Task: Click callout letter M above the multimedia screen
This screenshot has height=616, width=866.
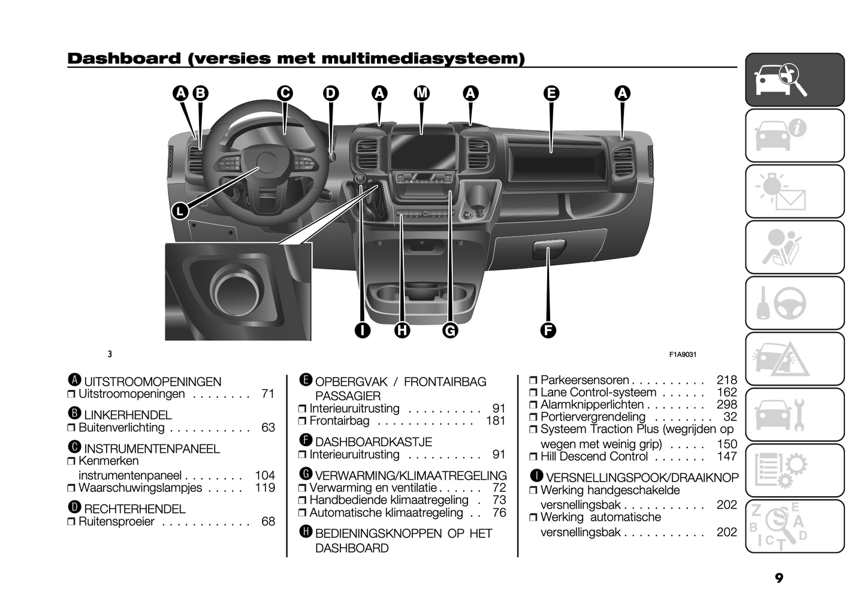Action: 422,93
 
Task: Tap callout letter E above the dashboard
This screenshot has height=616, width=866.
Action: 551,93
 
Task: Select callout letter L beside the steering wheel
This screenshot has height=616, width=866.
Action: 180,211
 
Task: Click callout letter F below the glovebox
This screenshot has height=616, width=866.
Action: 548,330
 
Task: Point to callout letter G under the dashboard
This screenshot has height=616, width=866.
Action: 449,330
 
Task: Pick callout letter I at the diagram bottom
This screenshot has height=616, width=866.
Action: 362,330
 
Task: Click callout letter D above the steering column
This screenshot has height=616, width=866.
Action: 331,93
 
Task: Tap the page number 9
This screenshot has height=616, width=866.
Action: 779,578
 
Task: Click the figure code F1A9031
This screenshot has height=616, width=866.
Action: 683,354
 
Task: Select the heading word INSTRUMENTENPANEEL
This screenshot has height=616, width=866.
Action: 152,449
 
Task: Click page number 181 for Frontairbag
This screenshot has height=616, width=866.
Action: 496,421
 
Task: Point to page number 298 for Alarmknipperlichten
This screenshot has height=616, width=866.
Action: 726,405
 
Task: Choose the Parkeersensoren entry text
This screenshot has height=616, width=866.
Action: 584,380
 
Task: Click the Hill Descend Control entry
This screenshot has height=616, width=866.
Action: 593,456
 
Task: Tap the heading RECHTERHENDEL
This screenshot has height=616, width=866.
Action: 134,509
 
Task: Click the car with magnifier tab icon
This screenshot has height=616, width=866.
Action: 794,80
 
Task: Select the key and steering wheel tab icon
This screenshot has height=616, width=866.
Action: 794,303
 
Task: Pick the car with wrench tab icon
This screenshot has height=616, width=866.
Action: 794,414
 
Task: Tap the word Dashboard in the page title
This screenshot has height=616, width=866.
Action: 123,58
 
